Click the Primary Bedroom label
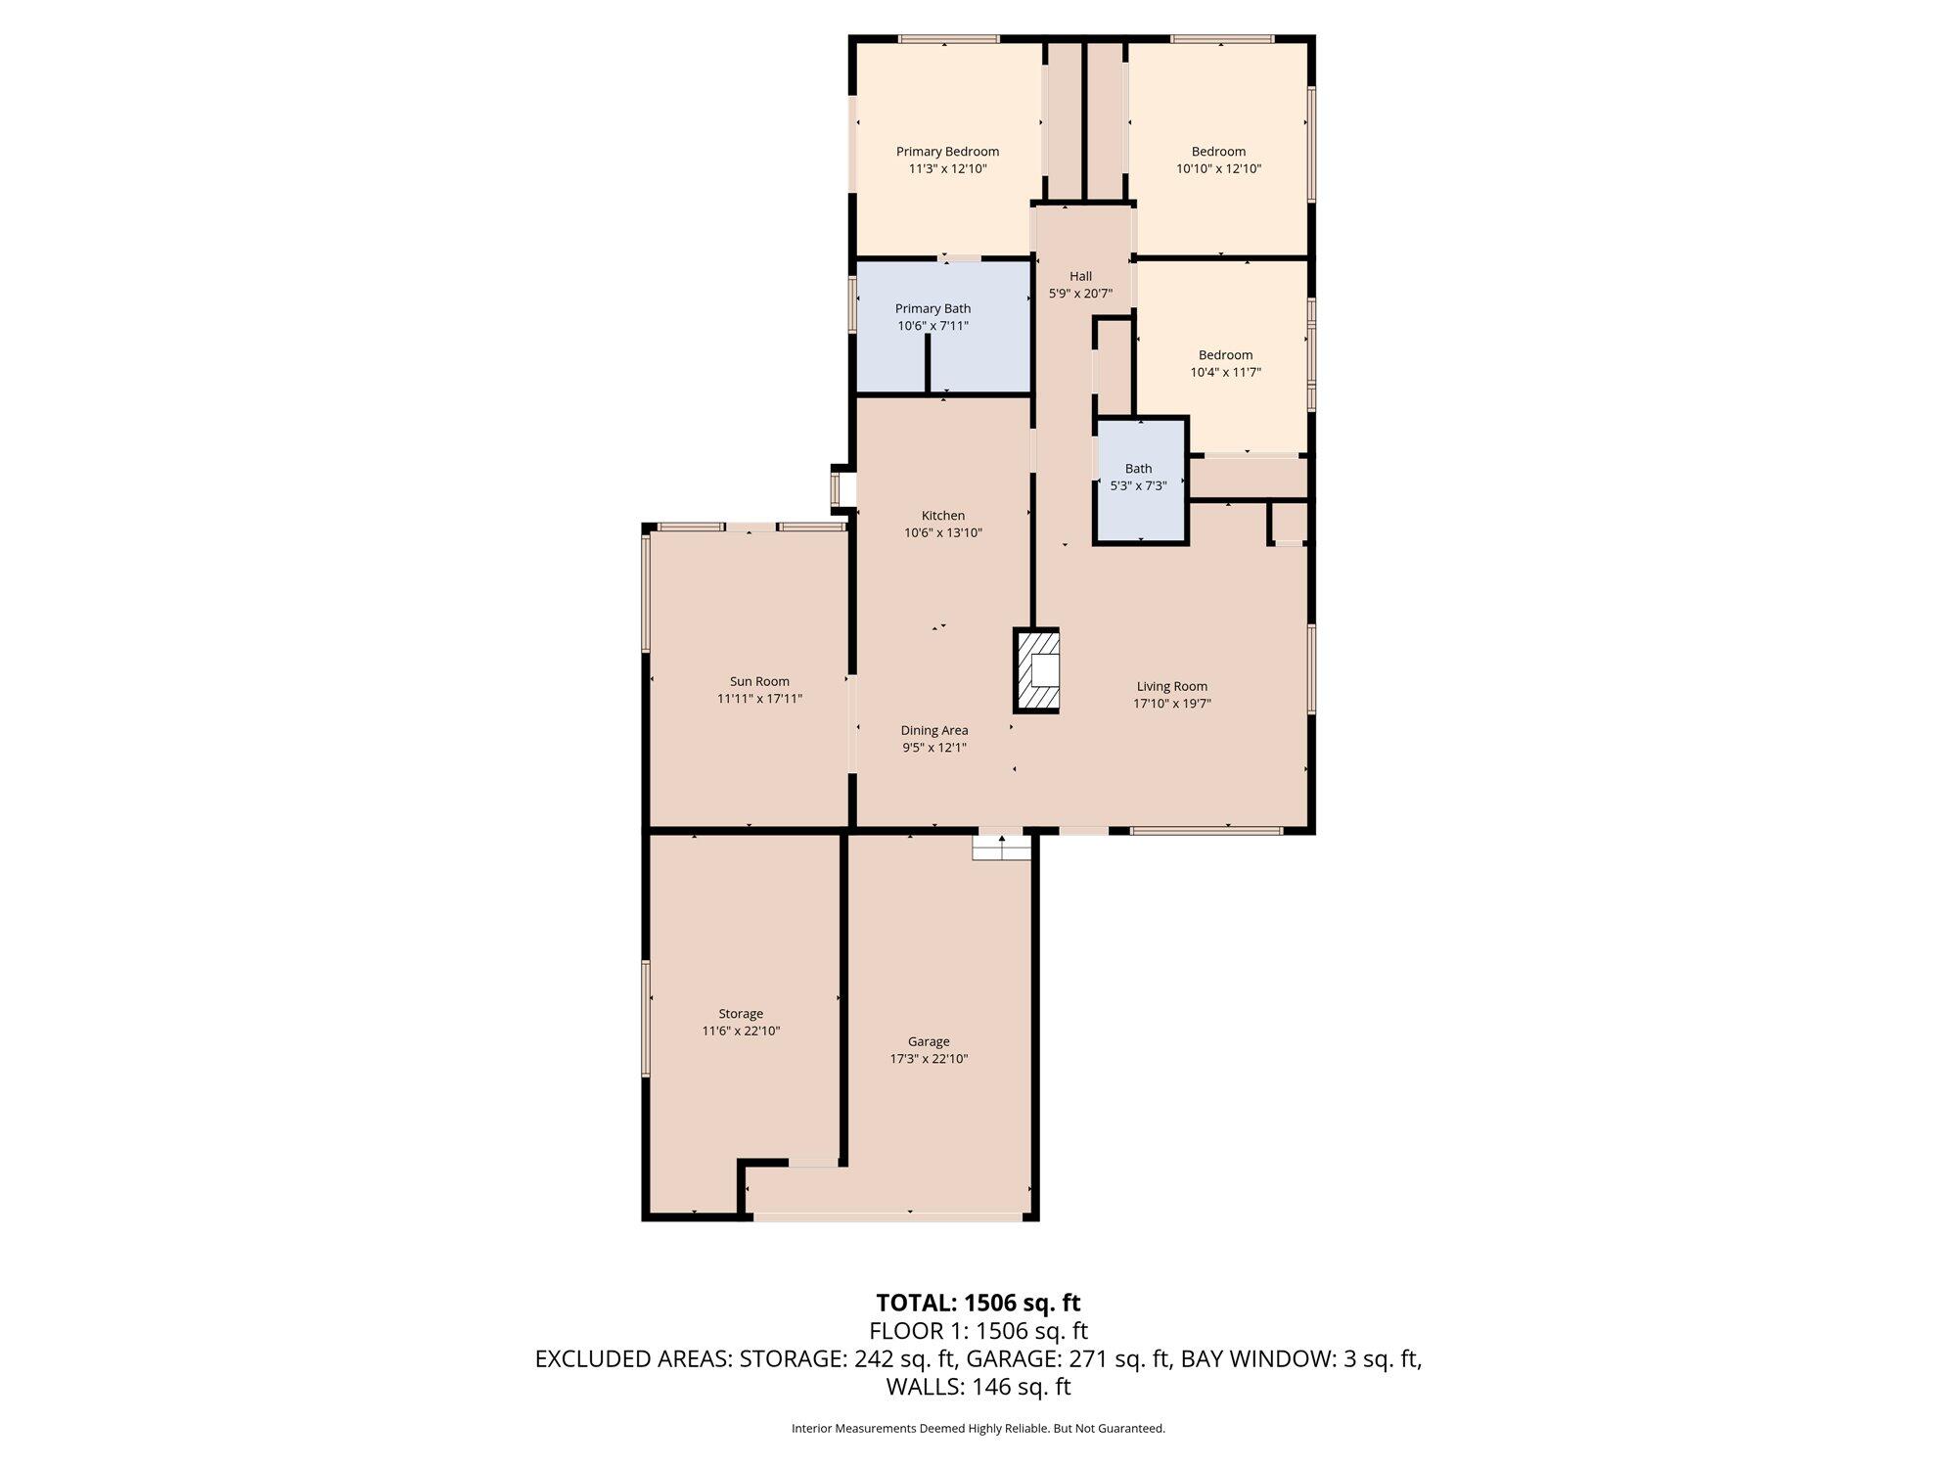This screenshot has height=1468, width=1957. click(947, 152)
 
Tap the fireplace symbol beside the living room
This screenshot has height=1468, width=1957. click(1036, 670)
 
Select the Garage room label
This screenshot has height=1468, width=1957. click(928, 1041)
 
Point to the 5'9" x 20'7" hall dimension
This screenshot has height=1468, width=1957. click(1080, 293)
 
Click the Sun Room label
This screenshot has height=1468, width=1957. click(759, 681)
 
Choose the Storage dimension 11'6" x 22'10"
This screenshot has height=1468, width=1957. click(741, 1031)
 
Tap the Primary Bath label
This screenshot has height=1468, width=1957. click(933, 308)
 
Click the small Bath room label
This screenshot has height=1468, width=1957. click(1138, 468)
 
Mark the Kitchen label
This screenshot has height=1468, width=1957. click(943, 516)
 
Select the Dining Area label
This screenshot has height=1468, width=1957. click(934, 730)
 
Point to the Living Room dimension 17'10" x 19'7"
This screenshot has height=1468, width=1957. click(1172, 703)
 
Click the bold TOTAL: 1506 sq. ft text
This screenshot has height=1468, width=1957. click(978, 1303)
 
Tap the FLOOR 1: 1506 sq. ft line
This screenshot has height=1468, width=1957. click(978, 1331)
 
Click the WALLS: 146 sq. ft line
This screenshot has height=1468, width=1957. click(978, 1387)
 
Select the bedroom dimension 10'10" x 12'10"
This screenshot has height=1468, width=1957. click(1218, 168)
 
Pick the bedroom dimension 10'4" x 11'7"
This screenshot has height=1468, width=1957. click(1225, 372)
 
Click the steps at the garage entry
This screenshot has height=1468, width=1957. click(1001, 847)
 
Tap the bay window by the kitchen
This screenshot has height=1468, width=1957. click(839, 487)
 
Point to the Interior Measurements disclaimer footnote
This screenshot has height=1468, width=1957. click(978, 1429)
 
